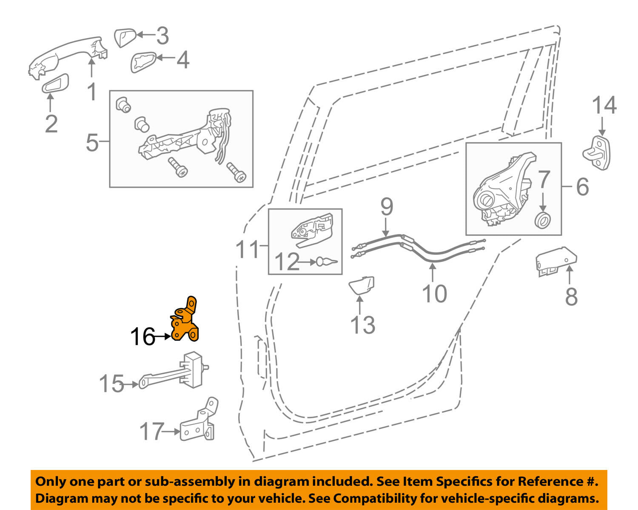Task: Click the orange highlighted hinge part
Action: point(185,324)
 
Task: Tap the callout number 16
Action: point(142,337)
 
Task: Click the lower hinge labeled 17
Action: point(199,424)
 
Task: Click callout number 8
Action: point(571,297)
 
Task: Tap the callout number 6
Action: point(582,187)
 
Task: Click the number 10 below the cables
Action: point(434,294)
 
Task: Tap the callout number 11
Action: point(247,249)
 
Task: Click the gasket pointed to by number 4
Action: point(143,63)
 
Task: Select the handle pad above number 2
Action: point(55,84)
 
